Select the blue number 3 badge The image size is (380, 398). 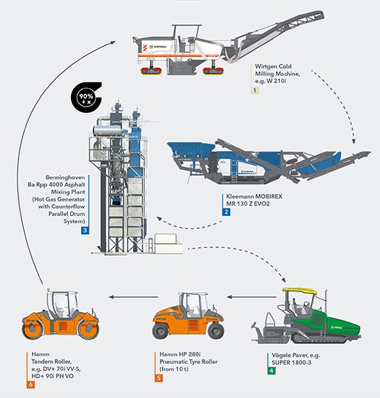click(85, 230)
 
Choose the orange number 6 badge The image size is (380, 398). click(31, 384)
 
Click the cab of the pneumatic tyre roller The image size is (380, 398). click(176, 298)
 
